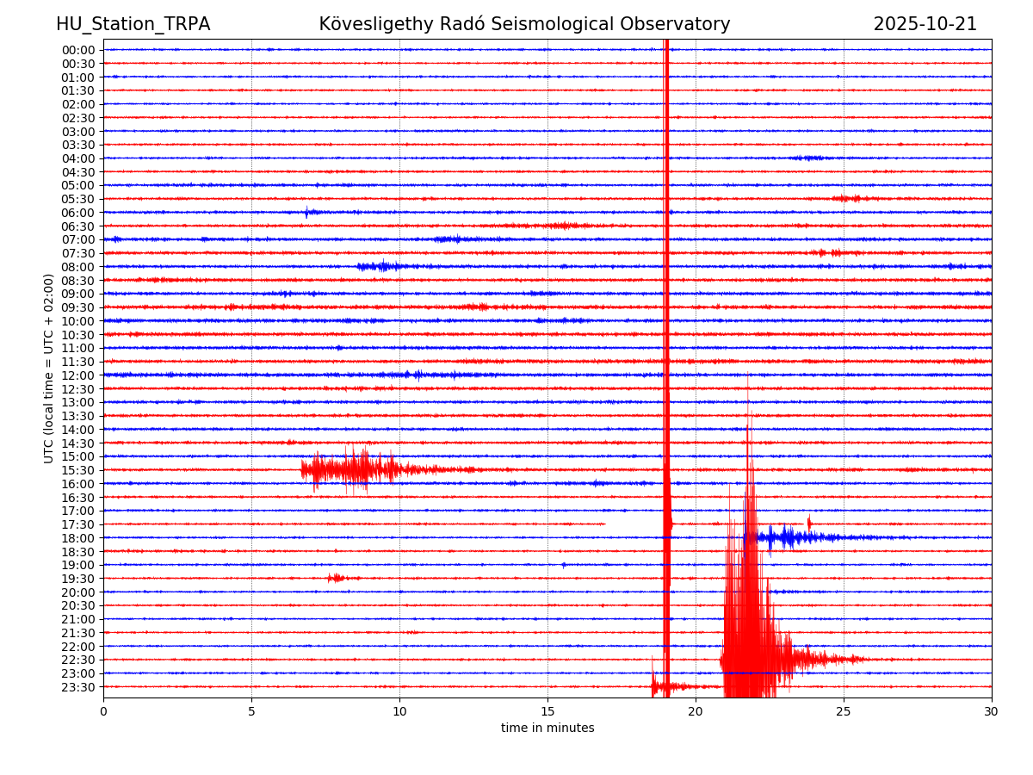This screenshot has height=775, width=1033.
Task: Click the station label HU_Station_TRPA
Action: (133, 25)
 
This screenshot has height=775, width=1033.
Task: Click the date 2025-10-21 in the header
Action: (925, 25)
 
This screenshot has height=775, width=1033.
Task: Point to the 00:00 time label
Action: (78, 50)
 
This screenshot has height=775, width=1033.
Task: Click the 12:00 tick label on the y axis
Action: (78, 375)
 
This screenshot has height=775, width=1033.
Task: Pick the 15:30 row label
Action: (78, 470)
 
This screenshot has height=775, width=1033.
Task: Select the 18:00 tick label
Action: (78, 538)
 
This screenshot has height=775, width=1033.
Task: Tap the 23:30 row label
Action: (78, 687)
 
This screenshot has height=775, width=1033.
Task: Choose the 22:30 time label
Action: (78, 660)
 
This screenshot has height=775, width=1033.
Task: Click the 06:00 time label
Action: (78, 213)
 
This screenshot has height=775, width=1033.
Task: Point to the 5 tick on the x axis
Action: (251, 712)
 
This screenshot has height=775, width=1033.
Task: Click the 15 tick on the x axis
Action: (547, 712)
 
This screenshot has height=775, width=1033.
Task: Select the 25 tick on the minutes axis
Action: (844, 712)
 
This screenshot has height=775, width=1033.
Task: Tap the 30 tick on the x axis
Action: (992, 712)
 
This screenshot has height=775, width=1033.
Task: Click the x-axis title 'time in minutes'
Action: (547, 728)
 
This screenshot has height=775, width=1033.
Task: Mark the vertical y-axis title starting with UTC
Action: (49, 368)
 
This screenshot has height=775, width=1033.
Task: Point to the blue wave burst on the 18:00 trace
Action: (788, 538)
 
